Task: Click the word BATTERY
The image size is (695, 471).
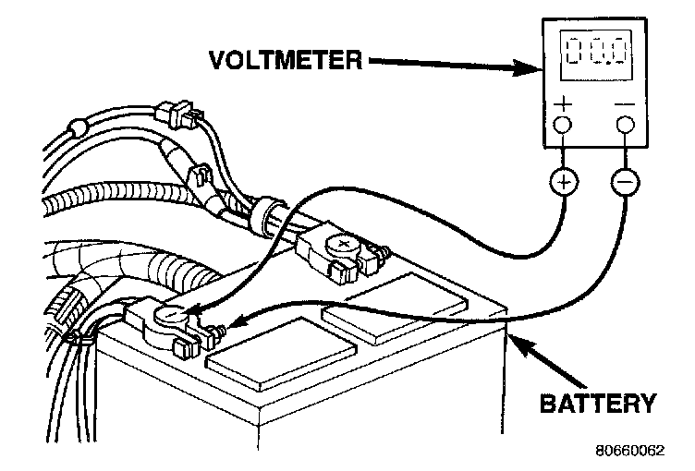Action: click(x=598, y=404)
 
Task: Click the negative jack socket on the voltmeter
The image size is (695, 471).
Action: click(x=624, y=126)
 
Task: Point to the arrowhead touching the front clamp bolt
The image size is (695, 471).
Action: click(x=232, y=325)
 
